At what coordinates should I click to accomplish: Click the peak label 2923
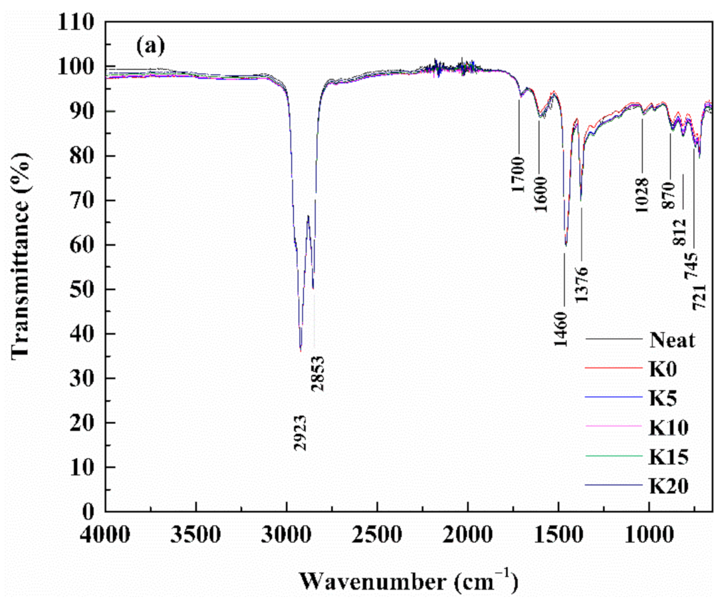[301, 433]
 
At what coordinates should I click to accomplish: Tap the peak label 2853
[318, 373]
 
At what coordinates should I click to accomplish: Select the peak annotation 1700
[519, 174]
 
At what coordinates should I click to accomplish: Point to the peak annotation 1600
[539, 195]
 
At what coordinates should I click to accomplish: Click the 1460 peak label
[563, 327]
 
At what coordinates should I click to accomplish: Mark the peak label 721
[699, 296]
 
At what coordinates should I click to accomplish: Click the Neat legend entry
[672, 341]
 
